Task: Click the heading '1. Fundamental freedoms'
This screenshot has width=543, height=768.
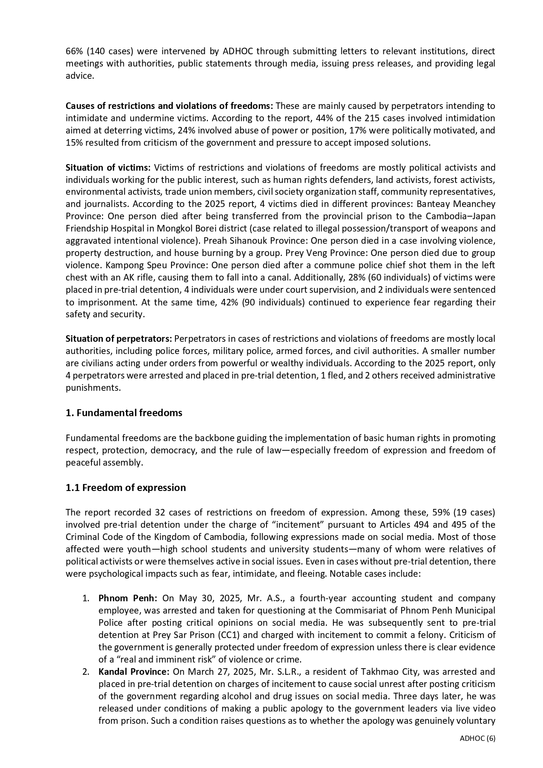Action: coord(124,413)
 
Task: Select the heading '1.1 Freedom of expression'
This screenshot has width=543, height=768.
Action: coord(126,487)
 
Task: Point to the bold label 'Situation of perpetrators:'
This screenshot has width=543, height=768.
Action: coord(119,339)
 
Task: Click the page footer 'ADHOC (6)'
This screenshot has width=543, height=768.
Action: coord(477,738)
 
